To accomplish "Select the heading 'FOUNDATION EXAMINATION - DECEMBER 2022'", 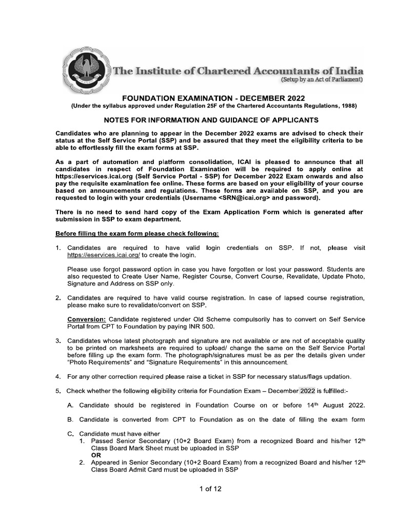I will (212, 98).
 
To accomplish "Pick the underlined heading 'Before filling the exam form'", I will (137, 234).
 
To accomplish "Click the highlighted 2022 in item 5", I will (308, 391).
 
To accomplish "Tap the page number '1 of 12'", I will (210, 489).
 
